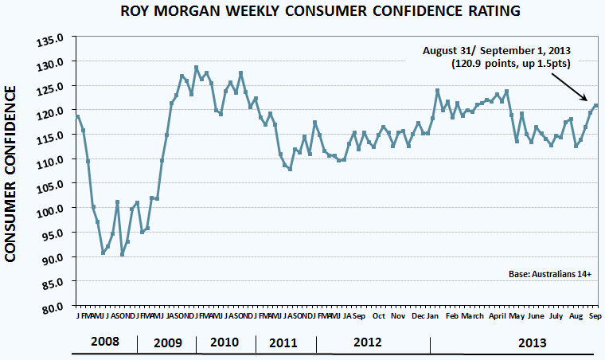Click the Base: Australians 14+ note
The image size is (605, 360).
click(x=550, y=274)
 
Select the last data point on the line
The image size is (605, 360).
click(x=596, y=106)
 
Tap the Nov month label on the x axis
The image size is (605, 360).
click(x=397, y=316)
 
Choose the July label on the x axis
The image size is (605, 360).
click(x=556, y=316)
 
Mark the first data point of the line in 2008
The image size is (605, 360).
click(x=78, y=117)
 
